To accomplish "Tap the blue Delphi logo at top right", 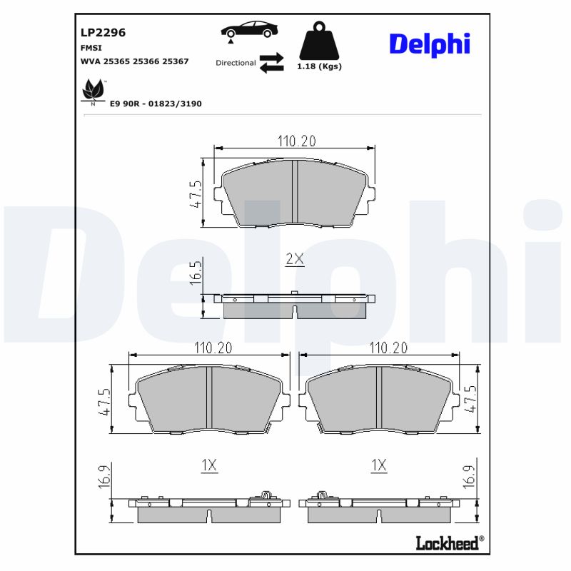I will [429, 44].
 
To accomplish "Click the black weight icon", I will [319, 42].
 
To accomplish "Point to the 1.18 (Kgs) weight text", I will [319, 66].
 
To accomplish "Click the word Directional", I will [236, 63].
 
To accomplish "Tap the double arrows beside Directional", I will [271, 63].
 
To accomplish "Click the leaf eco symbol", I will [93, 91].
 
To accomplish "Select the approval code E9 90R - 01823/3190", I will [156, 103].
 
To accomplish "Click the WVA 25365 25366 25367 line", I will [135, 61].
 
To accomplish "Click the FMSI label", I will [91, 47].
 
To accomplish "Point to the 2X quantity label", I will [295, 259].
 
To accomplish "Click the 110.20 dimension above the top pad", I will [295, 141].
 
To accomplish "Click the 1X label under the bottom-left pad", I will [208, 465].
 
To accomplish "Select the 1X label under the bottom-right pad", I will [379, 465].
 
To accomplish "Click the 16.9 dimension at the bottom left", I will [105, 476].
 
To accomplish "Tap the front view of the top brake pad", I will [295, 193].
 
